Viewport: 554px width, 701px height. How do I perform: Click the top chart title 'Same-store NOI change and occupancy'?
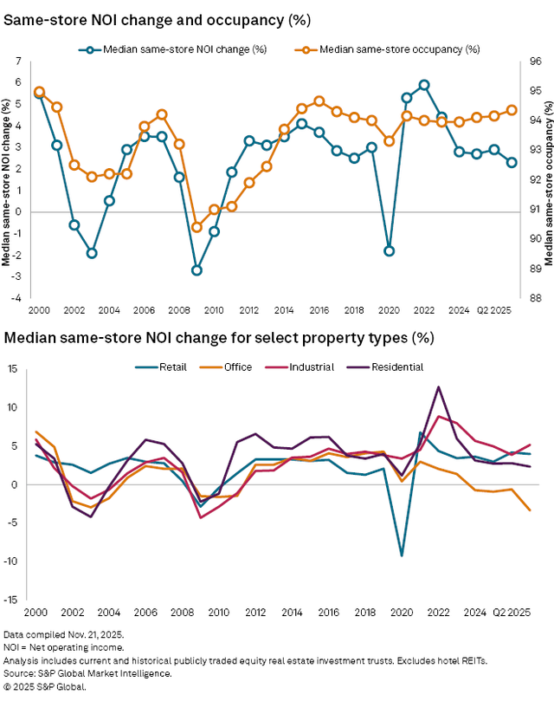click(147, 18)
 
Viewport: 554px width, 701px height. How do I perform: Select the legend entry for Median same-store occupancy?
click(399, 49)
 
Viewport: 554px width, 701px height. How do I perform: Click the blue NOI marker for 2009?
click(196, 270)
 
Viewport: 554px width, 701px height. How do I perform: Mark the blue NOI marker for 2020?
click(390, 251)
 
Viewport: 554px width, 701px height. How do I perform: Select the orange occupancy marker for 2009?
click(196, 227)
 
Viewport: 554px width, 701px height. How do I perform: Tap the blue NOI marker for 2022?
click(424, 85)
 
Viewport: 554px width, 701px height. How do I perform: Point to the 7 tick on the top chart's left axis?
click(17, 62)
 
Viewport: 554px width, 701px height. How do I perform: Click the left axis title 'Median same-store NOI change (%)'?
click(6, 180)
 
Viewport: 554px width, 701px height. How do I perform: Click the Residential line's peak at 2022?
click(439, 386)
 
